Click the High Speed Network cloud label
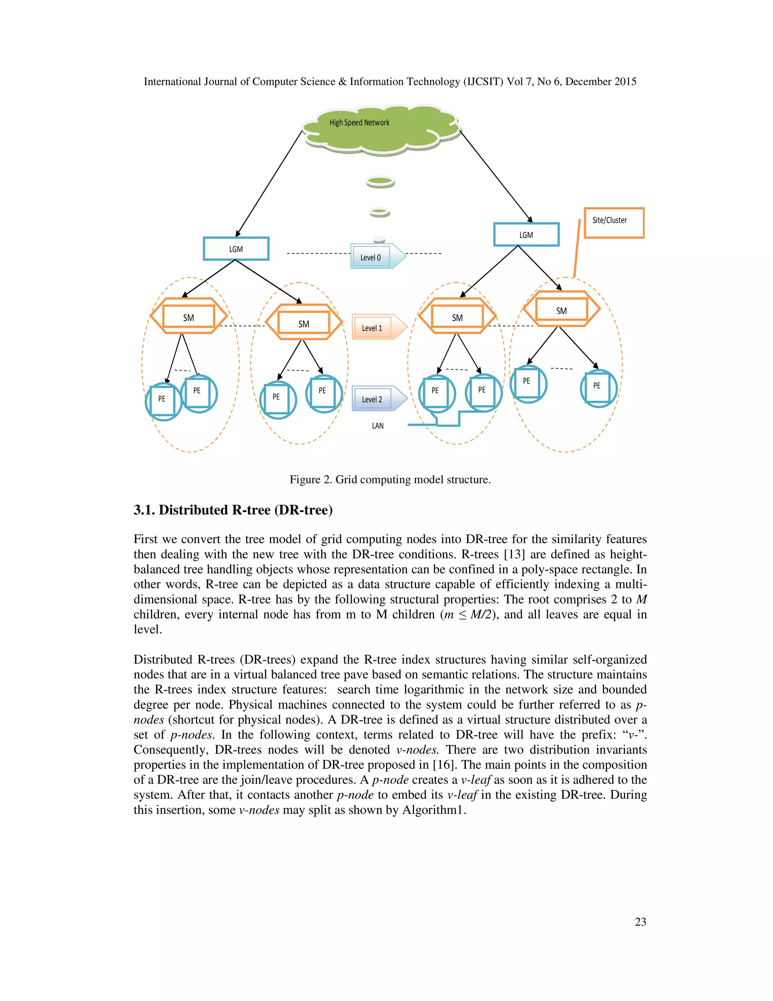point(359,123)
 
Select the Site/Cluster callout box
point(614,223)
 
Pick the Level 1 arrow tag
point(378,327)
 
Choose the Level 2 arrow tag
point(378,399)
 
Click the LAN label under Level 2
point(378,426)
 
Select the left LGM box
point(236,249)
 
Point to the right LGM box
point(526,235)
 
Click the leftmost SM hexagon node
point(189,317)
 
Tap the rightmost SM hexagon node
point(561,310)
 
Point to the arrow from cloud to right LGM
point(496,176)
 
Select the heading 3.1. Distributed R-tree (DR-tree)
point(233,510)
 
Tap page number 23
point(640,922)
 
